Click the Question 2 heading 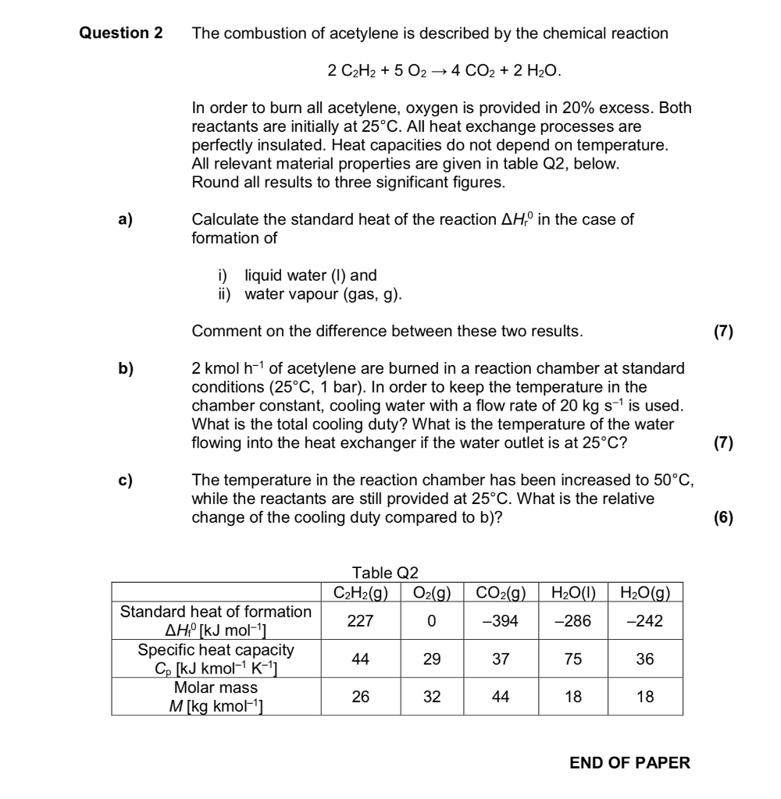coord(121,34)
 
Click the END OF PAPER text coord(630,763)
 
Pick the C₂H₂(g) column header coord(360,591)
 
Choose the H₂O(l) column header coord(573,591)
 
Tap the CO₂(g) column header coord(501,591)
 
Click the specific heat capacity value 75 coord(573,659)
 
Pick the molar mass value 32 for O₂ coord(432,697)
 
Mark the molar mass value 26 coord(360,697)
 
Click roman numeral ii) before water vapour coord(226,294)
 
